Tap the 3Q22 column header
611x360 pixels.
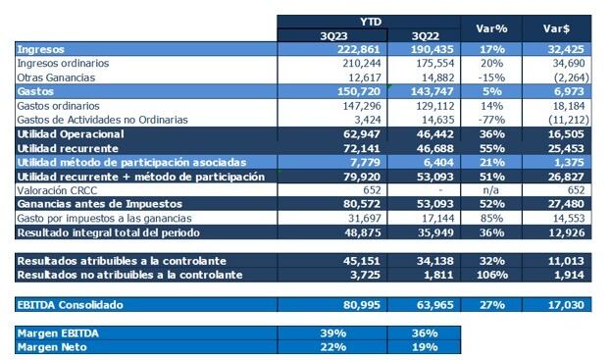424,34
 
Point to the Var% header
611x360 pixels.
490,26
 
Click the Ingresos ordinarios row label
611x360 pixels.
64,62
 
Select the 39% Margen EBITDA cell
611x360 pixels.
333,334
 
